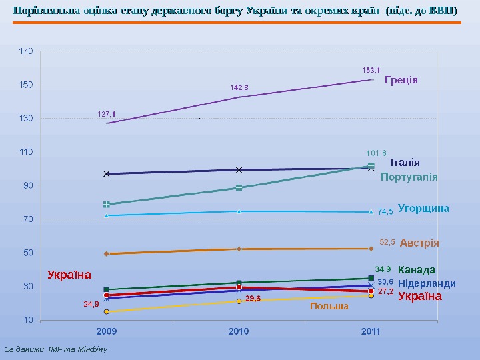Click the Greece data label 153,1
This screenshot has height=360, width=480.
tap(371, 69)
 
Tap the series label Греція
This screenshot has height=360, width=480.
tap(401, 80)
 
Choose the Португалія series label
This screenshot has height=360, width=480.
tap(409, 177)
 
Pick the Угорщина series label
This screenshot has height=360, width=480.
tap(423, 208)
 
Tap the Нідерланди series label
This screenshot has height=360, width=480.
tap(427, 283)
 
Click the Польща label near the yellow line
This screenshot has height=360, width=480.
tap(329, 307)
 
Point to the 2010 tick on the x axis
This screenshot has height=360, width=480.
tap(239, 331)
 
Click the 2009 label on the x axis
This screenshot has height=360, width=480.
tap(107, 331)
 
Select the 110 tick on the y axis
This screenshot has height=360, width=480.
tap(26, 152)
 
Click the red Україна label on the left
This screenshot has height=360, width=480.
tap(69, 274)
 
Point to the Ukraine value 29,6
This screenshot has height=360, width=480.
tap(253, 299)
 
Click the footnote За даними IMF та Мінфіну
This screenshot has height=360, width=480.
tap(56, 349)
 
